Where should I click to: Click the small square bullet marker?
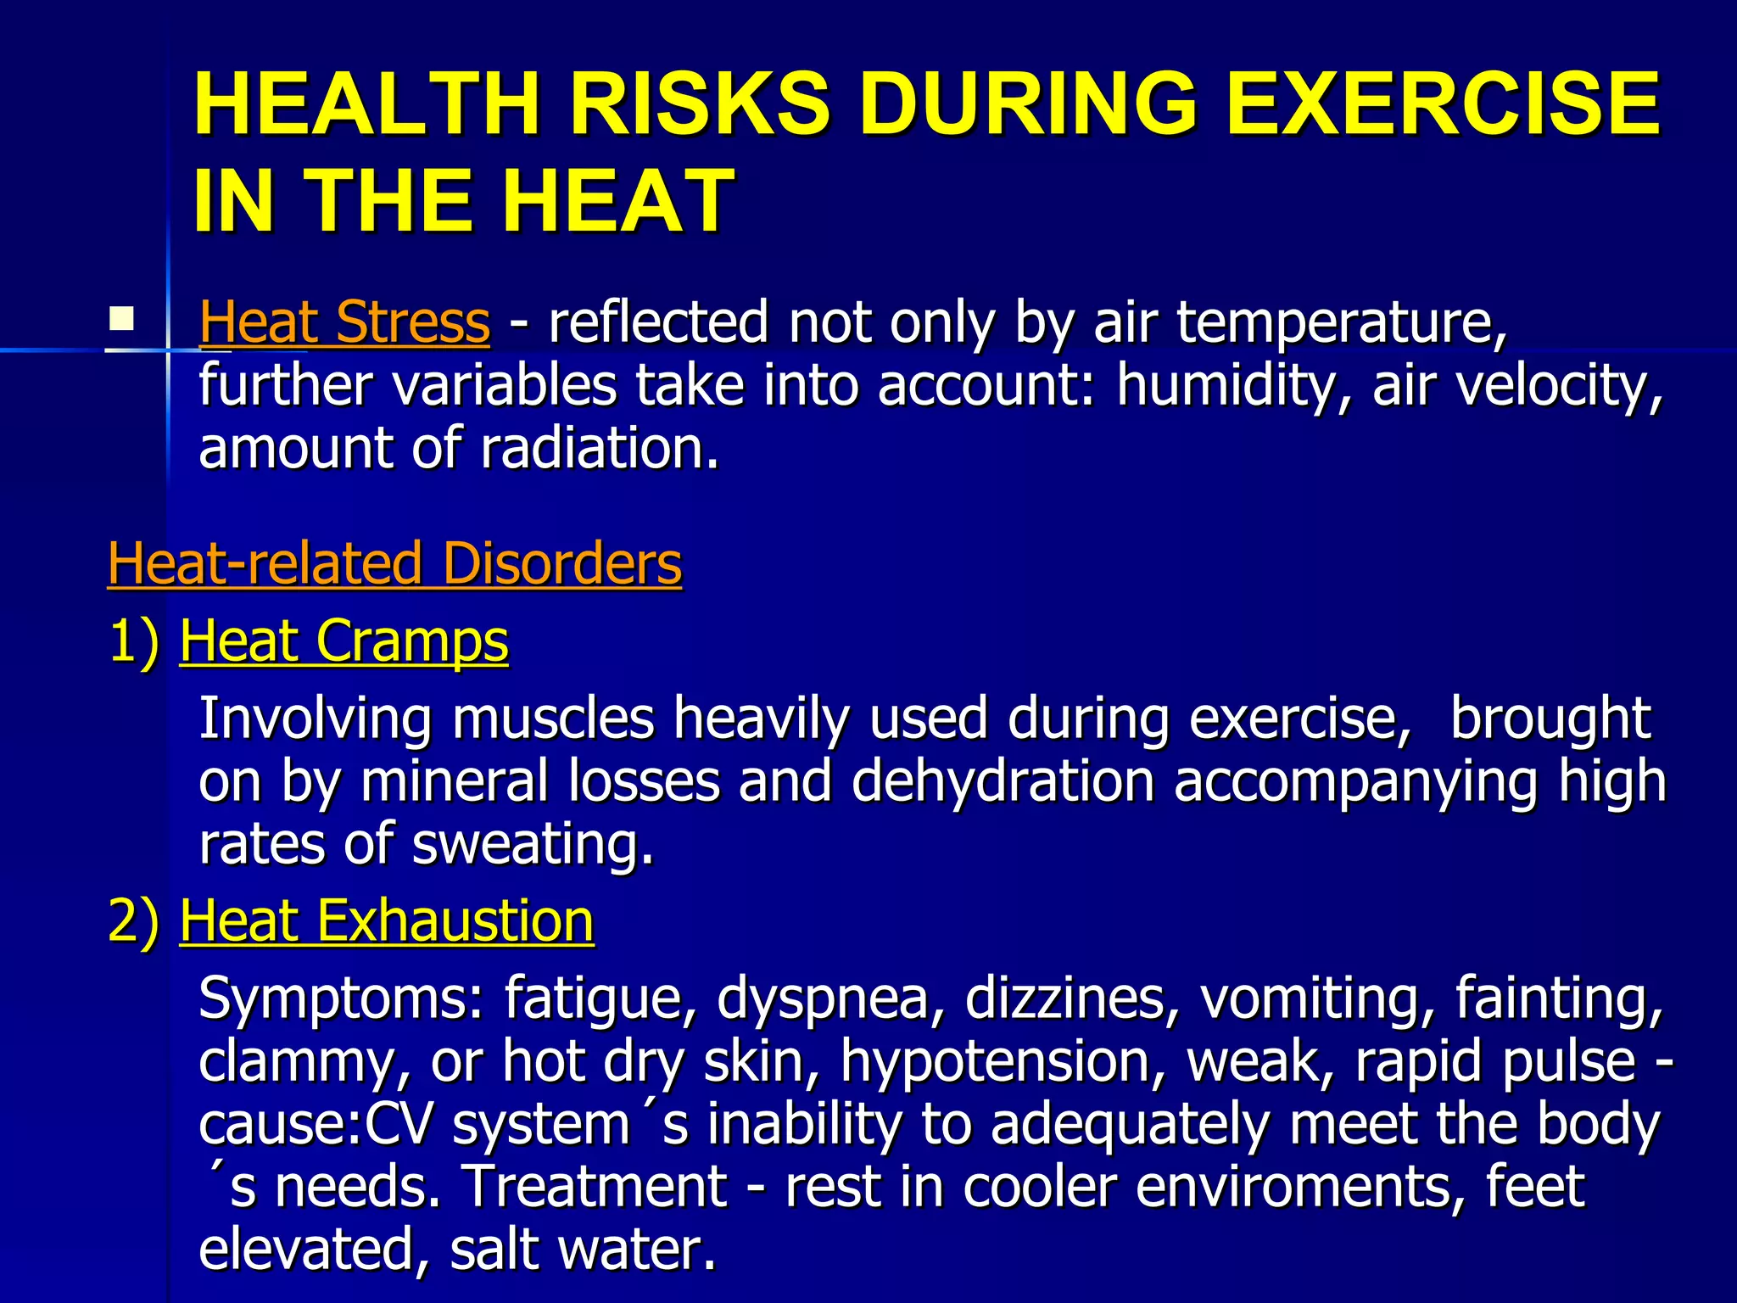121,320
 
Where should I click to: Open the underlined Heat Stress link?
344,322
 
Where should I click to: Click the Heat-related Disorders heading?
394,563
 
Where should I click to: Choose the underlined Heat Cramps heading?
343,640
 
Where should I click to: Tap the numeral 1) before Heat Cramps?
134,640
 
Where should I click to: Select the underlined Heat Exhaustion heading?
387,920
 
